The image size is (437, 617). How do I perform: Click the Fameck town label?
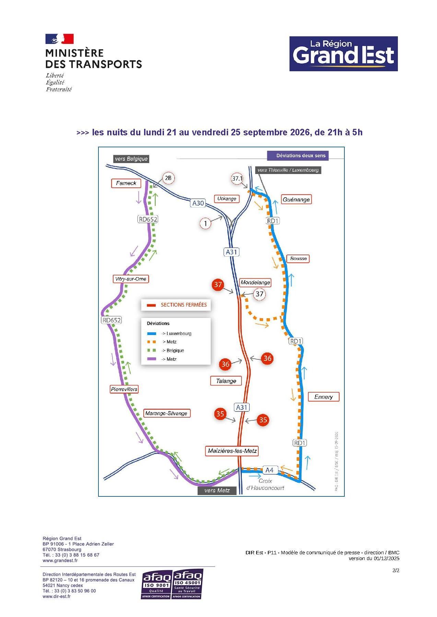pos(126,183)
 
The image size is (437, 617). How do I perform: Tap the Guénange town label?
pos(296,199)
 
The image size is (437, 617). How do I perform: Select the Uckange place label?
pos(227,199)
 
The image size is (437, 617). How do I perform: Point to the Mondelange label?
pos(255,283)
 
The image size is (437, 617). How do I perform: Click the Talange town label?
pos(226,381)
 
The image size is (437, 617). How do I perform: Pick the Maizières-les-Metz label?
pos(232,451)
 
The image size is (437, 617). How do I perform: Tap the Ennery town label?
pos(323,397)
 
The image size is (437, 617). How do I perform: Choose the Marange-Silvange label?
pos(166,413)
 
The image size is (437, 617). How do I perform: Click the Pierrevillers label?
pos(124,389)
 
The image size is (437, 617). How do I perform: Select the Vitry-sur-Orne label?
pos(131,279)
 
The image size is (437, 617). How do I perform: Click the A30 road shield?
pos(198,203)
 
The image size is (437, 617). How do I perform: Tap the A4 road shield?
pos(269,470)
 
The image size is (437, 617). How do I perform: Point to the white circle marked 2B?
pos(168,178)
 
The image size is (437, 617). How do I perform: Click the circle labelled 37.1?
pos(237,179)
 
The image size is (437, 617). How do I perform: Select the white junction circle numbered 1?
pos(205,224)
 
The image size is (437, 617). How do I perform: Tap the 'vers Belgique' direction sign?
pos(131,159)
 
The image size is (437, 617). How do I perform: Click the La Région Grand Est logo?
pos(343,54)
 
